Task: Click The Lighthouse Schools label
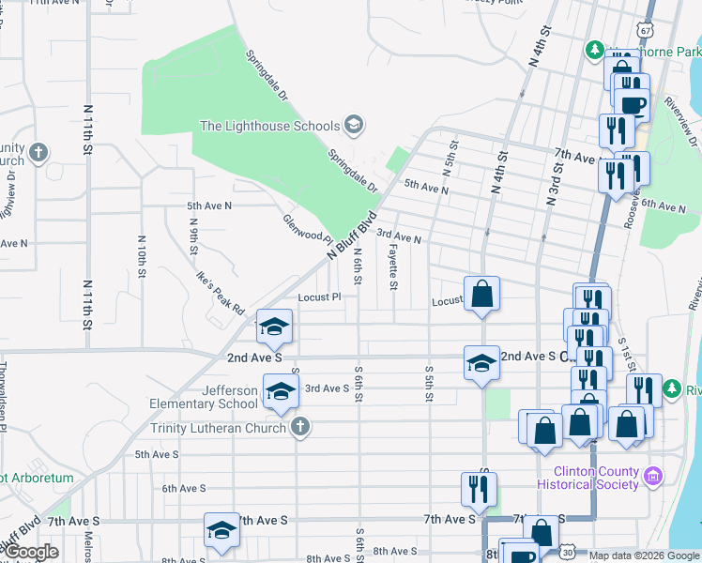pos(269,126)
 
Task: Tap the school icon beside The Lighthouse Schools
pos(354,124)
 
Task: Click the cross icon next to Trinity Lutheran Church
pos(300,428)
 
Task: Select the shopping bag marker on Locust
pos(481,294)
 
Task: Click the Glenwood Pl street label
pos(308,227)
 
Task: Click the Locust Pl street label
pos(318,297)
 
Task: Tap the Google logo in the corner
pos(31,552)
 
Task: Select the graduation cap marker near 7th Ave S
pos(221,531)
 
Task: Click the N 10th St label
pos(142,256)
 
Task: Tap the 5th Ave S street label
pos(157,454)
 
